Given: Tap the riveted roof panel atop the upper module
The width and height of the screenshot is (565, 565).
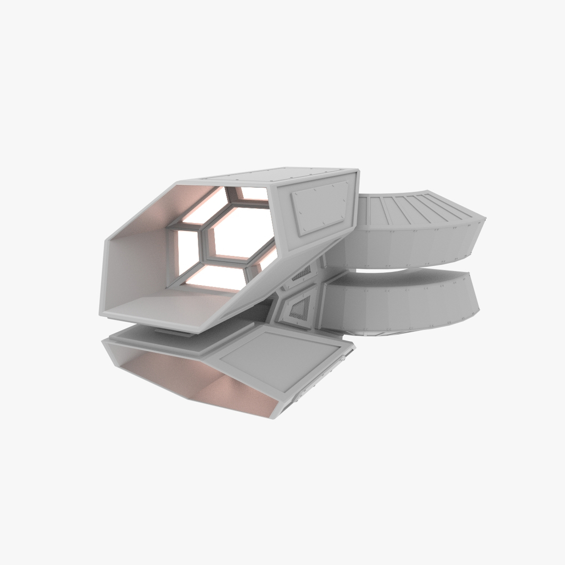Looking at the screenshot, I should coord(293,176).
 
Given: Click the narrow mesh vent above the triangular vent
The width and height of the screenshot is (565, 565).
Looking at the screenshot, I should coord(301,273).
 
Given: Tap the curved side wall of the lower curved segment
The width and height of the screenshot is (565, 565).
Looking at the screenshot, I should coord(398,309).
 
